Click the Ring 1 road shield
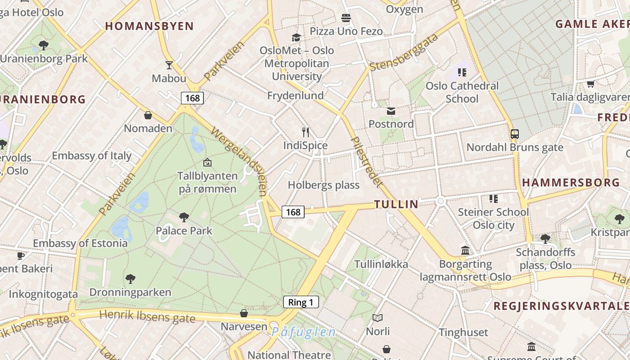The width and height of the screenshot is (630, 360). pyautogui.click(x=301, y=302)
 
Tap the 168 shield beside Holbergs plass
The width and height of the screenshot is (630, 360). pyautogui.click(x=293, y=211)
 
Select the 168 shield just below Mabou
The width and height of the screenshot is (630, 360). pyautogui.click(x=192, y=98)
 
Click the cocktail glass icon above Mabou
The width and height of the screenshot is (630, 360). pyautogui.click(x=169, y=65)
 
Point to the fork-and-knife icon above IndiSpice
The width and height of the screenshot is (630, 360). pyautogui.click(x=306, y=132)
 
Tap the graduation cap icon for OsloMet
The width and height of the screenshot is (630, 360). pyautogui.click(x=296, y=37)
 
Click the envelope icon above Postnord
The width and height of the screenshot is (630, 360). pyautogui.click(x=391, y=111)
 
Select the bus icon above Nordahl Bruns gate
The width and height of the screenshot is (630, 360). pyautogui.click(x=514, y=134)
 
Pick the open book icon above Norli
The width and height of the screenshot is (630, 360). pyautogui.click(x=378, y=318)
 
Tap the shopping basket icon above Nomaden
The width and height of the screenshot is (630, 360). pyautogui.click(x=148, y=116)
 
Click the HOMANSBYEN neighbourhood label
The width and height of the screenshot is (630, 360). pyautogui.click(x=149, y=26)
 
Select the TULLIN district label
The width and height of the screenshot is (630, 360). pyautogui.click(x=396, y=204)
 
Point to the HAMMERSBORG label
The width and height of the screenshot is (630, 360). pyautogui.click(x=571, y=183)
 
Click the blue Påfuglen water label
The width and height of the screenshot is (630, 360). pyautogui.click(x=303, y=333)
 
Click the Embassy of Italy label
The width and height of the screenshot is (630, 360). pyautogui.click(x=91, y=156)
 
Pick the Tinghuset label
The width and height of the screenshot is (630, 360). pyautogui.click(x=463, y=333)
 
